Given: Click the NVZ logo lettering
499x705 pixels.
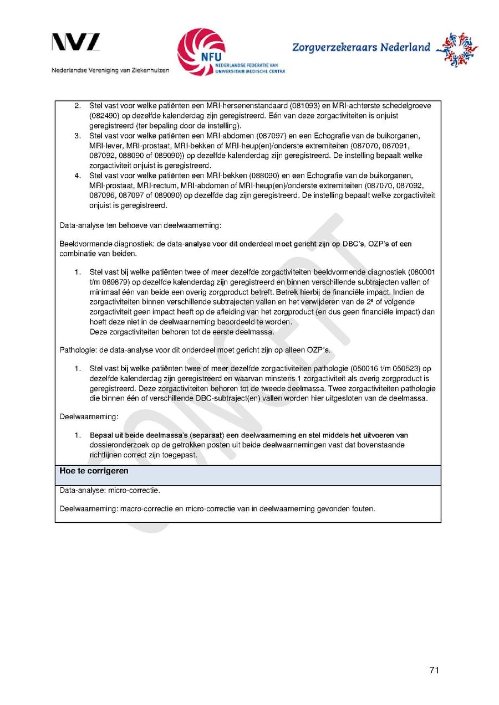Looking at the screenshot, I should click(76, 43).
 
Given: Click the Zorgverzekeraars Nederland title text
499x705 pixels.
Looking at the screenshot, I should click(361, 48).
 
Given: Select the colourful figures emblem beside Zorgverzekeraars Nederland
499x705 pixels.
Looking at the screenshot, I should click(457, 49).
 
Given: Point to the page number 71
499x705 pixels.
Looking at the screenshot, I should click(434, 670).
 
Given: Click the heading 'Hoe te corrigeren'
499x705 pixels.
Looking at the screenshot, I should click(94, 471).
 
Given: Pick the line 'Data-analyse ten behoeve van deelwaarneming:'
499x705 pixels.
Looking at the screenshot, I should click(140, 225).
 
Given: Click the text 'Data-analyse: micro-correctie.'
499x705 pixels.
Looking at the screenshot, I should click(110, 491).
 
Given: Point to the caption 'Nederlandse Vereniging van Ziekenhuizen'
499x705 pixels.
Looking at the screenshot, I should click(111, 70).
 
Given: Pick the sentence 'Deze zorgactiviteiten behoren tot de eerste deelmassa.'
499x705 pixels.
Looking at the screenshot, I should click(181, 332).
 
